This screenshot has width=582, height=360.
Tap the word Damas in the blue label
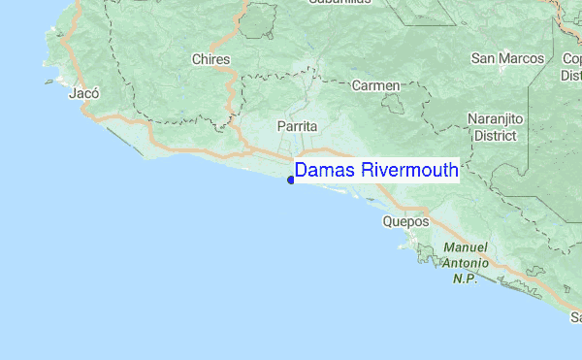pyautogui.click(x=325, y=171)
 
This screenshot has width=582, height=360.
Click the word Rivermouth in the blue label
pyautogui.click(x=408, y=171)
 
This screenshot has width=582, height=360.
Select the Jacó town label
pyautogui.click(x=85, y=94)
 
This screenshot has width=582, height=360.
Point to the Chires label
pyautogui.click(x=211, y=60)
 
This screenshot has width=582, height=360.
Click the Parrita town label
pyautogui.click(x=297, y=126)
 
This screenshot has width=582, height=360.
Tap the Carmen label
pyautogui.click(x=375, y=86)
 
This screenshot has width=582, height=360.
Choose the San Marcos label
pyautogui.click(x=507, y=59)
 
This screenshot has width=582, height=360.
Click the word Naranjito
pyautogui.click(x=495, y=118)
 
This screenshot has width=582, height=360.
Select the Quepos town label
pyautogui.click(x=405, y=221)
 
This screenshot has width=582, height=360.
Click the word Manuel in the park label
pyautogui.click(x=466, y=247)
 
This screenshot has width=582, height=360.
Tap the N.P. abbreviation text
pyautogui.click(x=466, y=278)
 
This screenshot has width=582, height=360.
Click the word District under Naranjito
pyautogui.click(x=495, y=135)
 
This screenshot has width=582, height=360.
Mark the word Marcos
pyautogui.click(x=522, y=59)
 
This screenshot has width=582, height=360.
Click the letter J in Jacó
pyautogui.click(x=74, y=94)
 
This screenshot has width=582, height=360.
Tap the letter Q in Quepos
pyautogui.click(x=389, y=221)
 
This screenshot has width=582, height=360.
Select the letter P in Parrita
pyautogui.click(x=281, y=126)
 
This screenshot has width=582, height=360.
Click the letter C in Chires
pyautogui.click(x=197, y=60)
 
